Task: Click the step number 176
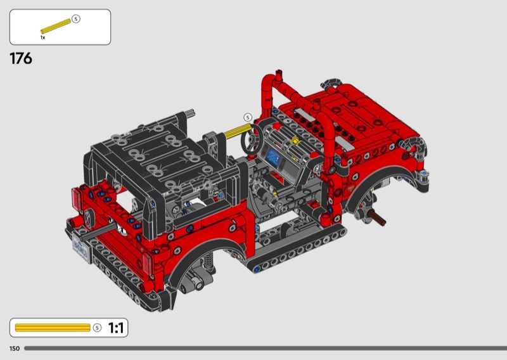pyautogui.click(x=21, y=58)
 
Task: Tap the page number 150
pyautogui.click(x=15, y=349)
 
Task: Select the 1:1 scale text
pyautogui.click(x=116, y=328)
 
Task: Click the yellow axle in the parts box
pyautogui.click(x=56, y=26)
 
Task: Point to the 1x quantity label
pyautogui.click(x=42, y=37)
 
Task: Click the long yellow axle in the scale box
pyautogui.click(x=53, y=328)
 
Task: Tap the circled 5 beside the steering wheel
pyautogui.click(x=248, y=117)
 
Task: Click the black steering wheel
pyautogui.click(x=252, y=139)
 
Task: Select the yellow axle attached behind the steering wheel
pyautogui.click(x=238, y=131)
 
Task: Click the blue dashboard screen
pyautogui.click(x=274, y=158)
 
